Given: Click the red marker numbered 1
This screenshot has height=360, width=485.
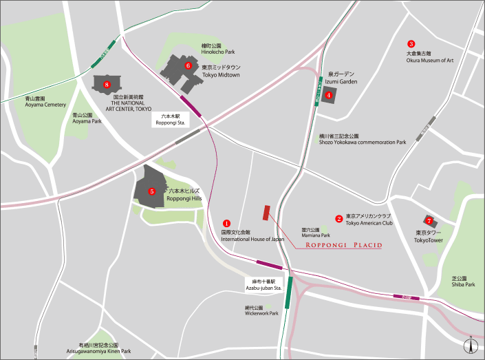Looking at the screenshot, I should (226, 223).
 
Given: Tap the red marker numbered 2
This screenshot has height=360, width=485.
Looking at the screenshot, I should (338, 219).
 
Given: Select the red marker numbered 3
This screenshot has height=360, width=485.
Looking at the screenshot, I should (411, 43).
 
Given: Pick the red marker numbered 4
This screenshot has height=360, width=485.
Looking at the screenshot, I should (329, 95).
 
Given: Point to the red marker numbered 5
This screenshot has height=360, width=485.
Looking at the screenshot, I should (152, 191).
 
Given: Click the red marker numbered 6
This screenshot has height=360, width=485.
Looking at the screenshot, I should (188, 66).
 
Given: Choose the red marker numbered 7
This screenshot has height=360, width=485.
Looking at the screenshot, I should (429, 221).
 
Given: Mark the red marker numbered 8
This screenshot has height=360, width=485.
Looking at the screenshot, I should (107, 85).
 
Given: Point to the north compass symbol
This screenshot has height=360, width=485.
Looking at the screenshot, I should (469, 346).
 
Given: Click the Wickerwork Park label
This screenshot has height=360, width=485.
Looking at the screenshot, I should (261, 310).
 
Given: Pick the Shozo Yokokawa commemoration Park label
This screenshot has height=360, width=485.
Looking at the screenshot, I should (363, 139).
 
